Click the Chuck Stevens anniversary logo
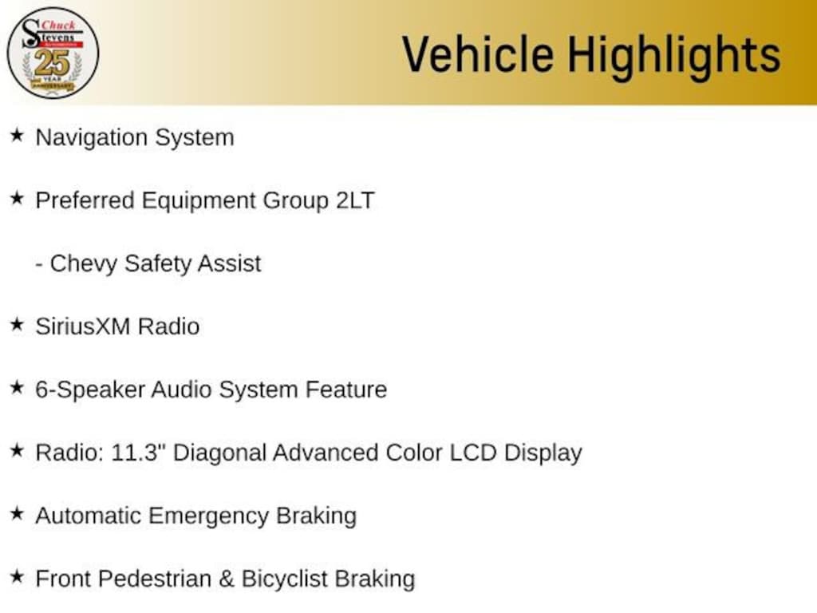tap(53, 53)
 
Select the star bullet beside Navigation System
tap(17, 136)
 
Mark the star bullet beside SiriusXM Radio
tap(17, 325)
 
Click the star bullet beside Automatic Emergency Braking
tap(17, 514)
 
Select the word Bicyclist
tap(284, 579)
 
